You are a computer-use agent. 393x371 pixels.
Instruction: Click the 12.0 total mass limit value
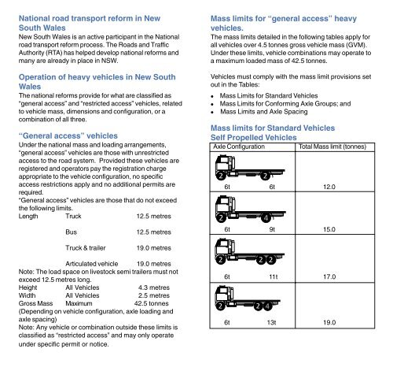(x=329, y=187)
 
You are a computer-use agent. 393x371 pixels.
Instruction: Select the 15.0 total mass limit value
(x=329, y=229)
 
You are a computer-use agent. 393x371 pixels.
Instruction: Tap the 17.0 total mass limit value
(x=329, y=276)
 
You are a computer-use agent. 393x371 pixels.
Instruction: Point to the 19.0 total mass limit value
(x=329, y=322)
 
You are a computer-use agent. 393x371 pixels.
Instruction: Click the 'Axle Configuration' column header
(x=239, y=147)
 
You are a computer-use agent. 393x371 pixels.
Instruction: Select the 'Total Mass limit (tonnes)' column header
(x=332, y=147)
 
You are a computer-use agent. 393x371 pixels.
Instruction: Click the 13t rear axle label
(x=271, y=322)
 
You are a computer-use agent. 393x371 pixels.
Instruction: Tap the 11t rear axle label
(x=273, y=276)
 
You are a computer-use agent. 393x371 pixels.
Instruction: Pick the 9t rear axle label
(x=272, y=229)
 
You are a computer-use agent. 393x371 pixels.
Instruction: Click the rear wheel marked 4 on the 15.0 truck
(x=266, y=218)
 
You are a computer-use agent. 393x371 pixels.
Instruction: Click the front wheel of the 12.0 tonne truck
(x=221, y=176)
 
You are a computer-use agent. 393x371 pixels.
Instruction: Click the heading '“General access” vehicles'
(x=68, y=135)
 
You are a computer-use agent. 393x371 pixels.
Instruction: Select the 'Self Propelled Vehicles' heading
(x=254, y=138)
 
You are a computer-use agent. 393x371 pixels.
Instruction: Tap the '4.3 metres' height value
(x=154, y=288)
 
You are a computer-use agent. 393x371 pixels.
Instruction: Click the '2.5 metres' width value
(x=154, y=295)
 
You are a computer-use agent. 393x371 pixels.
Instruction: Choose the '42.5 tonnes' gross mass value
(x=151, y=303)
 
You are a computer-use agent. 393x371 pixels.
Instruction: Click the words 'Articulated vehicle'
(x=92, y=264)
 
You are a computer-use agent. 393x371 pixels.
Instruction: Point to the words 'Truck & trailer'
(x=86, y=248)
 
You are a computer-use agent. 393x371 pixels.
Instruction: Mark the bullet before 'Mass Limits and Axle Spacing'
(x=212, y=113)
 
